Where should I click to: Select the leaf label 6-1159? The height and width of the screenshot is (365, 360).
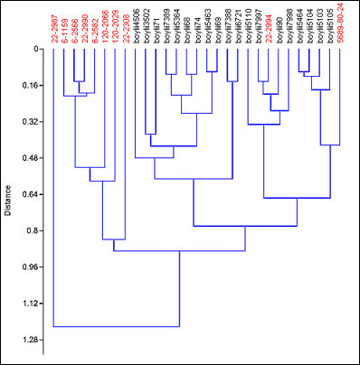[x=63, y=27]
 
